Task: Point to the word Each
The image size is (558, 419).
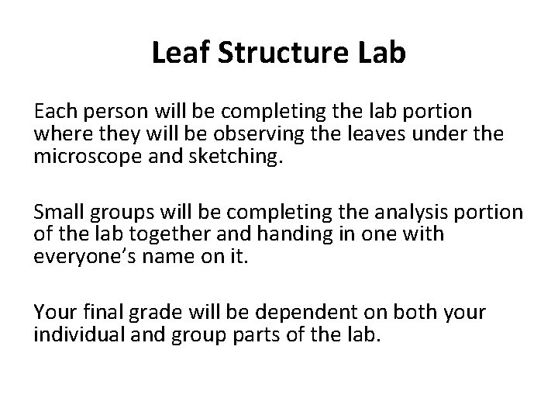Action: (x=55, y=113)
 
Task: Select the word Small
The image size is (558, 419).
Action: (x=60, y=212)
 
